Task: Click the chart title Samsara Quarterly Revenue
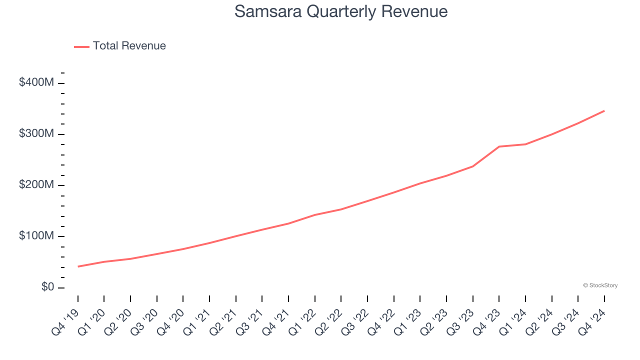click(x=340, y=11)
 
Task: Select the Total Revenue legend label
click(x=129, y=46)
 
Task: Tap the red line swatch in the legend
click(x=81, y=46)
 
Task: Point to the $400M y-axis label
click(x=36, y=82)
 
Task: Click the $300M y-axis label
click(x=36, y=134)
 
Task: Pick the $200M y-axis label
click(x=36, y=185)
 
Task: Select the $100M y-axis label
click(x=36, y=236)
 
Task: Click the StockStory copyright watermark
click(x=600, y=285)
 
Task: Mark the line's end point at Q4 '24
click(x=604, y=110)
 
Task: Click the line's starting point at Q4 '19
click(x=78, y=266)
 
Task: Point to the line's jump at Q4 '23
click(x=499, y=146)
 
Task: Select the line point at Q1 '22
click(x=315, y=215)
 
